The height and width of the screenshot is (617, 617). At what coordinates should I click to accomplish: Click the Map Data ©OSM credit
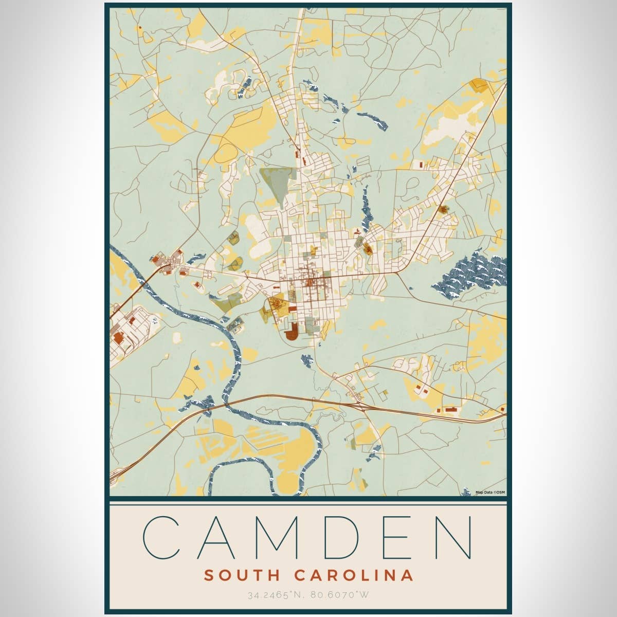[x=490, y=492]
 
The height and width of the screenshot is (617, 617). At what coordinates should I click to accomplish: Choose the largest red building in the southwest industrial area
[x=118, y=337]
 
